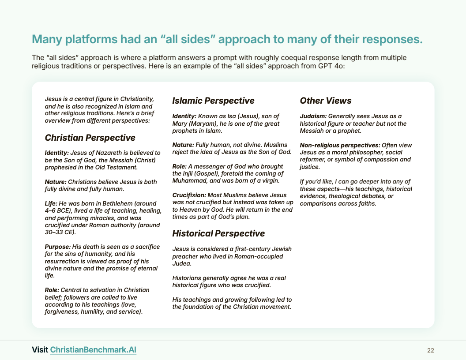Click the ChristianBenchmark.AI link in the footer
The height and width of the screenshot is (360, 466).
click(93, 349)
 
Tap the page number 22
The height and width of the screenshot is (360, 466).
click(431, 350)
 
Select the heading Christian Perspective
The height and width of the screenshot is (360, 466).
click(90, 138)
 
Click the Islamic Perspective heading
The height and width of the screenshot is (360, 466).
click(213, 101)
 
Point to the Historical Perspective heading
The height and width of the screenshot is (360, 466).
click(218, 233)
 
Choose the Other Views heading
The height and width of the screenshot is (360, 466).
click(325, 101)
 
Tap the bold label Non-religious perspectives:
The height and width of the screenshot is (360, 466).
click(340, 145)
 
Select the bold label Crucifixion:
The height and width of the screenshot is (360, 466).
click(189, 195)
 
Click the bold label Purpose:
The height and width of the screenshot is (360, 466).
click(58, 247)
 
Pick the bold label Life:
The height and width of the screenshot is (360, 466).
click(51, 203)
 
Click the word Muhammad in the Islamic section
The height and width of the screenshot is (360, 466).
click(186, 180)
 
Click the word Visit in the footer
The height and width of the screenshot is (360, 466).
click(40, 349)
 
